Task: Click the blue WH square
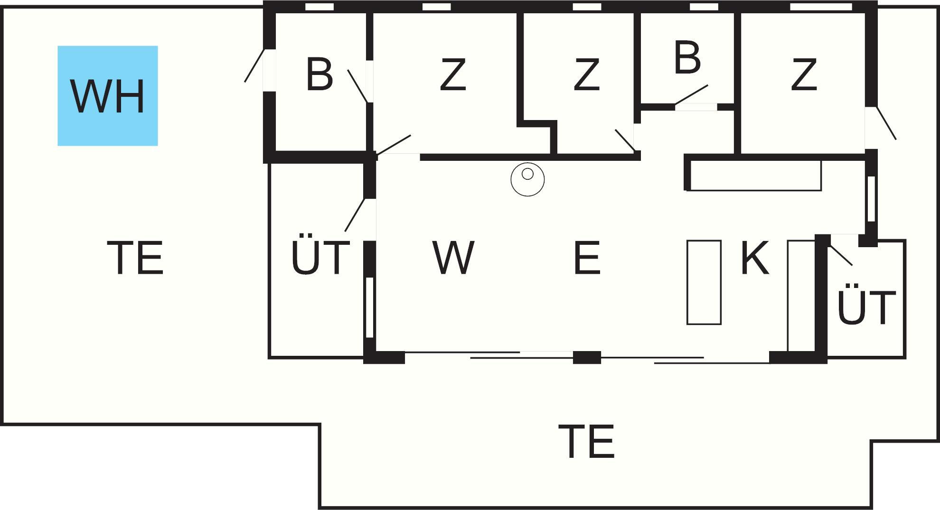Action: pyautogui.click(x=108, y=96)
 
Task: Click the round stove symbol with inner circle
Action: pyautogui.click(x=527, y=179)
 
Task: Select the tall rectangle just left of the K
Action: pyautogui.click(x=704, y=282)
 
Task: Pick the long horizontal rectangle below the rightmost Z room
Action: pyautogui.click(x=755, y=175)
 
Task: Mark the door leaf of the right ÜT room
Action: pyautogui.click(x=841, y=255)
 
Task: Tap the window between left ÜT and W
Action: pyautogui.click(x=369, y=307)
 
